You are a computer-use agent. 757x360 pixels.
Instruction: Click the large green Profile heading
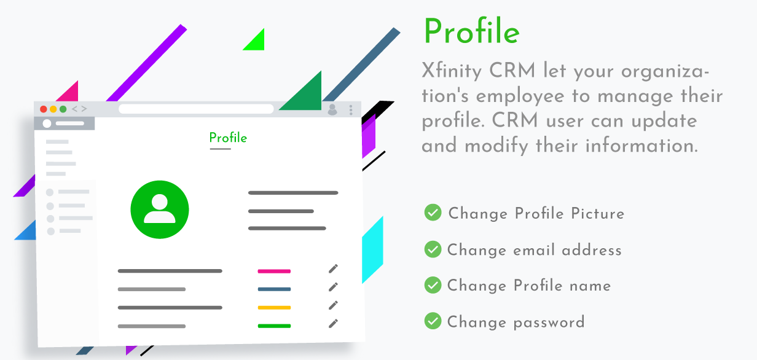click(471, 31)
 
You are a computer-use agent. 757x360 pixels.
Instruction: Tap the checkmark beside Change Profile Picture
click(433, 213)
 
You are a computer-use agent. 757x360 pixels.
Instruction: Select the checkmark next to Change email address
click(433, 249)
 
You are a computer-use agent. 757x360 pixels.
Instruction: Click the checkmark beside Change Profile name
click(433, 285)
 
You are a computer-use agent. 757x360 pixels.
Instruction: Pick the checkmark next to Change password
click(433, 321)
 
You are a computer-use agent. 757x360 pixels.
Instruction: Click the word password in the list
click(549, 323)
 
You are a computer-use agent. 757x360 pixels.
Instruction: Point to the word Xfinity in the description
click(452, 71)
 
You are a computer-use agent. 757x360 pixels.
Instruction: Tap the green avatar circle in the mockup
click(160, 209)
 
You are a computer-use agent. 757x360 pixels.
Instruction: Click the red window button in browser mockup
click(44, 109)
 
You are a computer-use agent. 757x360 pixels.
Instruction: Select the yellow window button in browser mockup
click(53, 109)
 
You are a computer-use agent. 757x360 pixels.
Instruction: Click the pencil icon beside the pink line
click(333, 268)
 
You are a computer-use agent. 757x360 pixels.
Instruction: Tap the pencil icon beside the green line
click(333, 324)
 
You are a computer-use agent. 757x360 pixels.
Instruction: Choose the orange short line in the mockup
click(274, 308)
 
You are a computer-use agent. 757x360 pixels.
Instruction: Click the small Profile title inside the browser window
click(228, 138)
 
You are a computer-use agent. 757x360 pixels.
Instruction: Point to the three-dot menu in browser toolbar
click(351, 110)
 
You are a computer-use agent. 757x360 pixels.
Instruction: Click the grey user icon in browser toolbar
click(332, 109)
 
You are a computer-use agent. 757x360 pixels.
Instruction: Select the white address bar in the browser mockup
click(196, 109)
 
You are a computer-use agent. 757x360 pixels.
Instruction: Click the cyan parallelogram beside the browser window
click(372, 250)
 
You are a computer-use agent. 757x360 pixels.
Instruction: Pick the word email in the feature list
click(534, 250)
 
